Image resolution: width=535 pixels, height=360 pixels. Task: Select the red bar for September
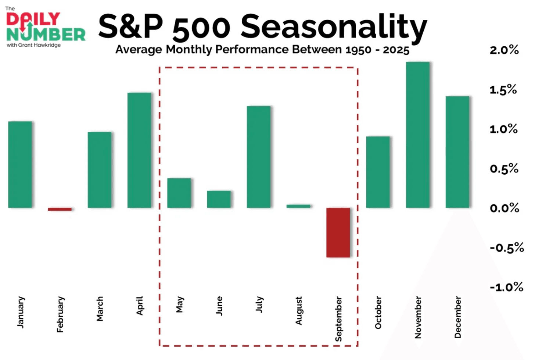point(338,233)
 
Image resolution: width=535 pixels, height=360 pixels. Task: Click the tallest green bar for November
point(418,135)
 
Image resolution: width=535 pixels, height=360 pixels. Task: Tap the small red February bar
point(60,209)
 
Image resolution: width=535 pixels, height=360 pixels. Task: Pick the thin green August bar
point(298,206)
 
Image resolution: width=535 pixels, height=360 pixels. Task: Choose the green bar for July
point(259,157)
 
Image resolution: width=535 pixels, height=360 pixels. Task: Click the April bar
point(139,150)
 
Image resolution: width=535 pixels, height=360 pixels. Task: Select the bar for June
point(219,199)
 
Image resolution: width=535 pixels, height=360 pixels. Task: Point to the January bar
point(20,165)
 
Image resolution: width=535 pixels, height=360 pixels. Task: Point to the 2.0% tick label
point(504,50)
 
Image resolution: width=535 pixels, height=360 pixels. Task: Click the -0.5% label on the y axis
point(507,247)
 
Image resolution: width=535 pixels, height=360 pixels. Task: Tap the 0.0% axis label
point(505,208)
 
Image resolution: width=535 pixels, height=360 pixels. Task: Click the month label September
point(338,319)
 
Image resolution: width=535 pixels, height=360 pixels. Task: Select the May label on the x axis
point(180,304)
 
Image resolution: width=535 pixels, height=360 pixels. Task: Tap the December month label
point(457,317)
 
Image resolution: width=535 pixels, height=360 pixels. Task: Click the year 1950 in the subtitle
point(358,50)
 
